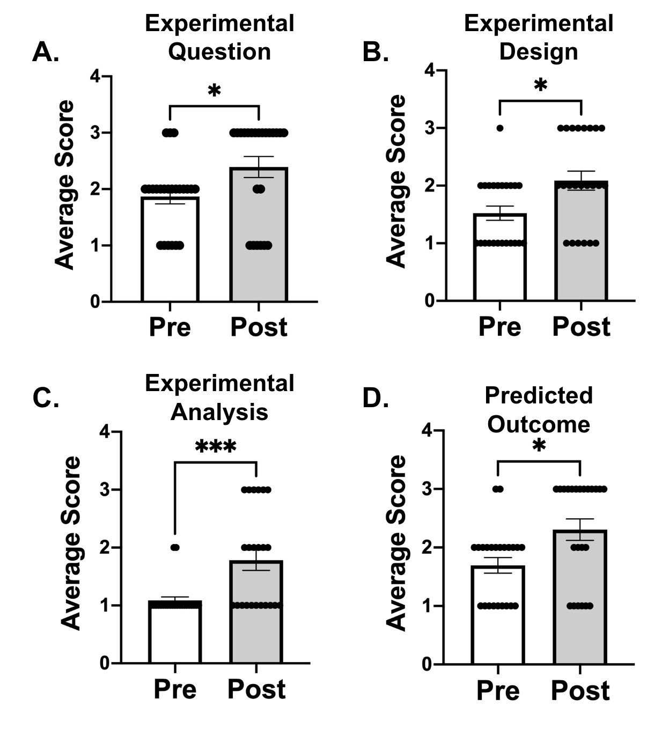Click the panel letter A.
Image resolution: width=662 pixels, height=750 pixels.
[45, 53]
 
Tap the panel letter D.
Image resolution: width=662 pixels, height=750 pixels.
[376, 398]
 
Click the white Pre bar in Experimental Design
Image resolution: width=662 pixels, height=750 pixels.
[500, 268]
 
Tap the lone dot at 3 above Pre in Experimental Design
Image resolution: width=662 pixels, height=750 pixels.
[500, 128]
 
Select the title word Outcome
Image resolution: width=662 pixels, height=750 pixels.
[539, 424]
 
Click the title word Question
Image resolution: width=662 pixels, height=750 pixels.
[219, 52]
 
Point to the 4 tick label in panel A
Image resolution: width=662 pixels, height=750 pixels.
[95, 77]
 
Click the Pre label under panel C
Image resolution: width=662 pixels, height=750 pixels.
[175, 689]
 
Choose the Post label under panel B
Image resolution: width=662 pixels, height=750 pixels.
[581, 327]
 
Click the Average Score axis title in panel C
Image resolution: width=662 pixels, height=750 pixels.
[71, 543]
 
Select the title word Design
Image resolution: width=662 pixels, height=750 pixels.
[539, 52]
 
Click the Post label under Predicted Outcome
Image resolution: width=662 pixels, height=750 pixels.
[580, 691]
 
